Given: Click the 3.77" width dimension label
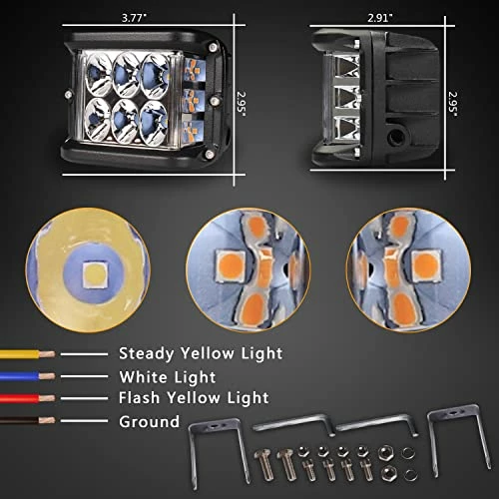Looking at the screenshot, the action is (134, 18).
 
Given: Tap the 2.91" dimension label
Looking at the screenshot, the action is (380, 18).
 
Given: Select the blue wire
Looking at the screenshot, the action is (27, 376).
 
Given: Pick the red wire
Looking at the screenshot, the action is (27, 398).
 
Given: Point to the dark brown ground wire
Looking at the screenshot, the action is (27, 420).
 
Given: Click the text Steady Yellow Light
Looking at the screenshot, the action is (201, 353).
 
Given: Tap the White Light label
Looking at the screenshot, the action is (168, 377).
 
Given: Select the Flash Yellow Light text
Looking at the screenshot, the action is (194, 398).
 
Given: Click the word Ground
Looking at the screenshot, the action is (150, 421).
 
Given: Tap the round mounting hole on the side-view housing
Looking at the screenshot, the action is (396, 135).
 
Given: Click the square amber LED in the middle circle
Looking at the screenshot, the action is (231, 265).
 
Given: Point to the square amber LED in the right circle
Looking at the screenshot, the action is (426, 265).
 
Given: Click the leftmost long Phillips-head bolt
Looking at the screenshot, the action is (264, 464).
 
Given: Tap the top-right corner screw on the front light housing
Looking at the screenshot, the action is (212, 47).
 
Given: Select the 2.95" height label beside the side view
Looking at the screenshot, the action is (453, 104).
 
